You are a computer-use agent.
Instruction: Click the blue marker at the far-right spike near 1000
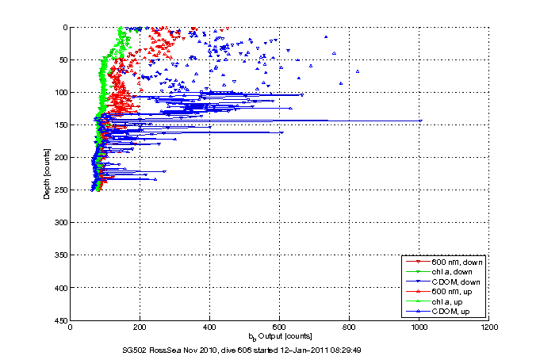419,121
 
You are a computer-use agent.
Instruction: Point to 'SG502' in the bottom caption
130,350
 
